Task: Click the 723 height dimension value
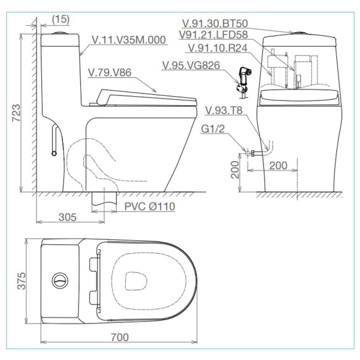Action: [x=16, y=113]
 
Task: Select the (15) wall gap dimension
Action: [x=60, y=19]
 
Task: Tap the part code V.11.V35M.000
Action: [x=129, y=40]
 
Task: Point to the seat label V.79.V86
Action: [x=109, y=72]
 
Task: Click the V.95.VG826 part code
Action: [x=191, y=65]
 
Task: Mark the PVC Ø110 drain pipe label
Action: [x=149, y=207]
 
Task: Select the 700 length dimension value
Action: [x=120, y=337]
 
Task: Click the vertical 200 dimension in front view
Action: [x=236, y=170]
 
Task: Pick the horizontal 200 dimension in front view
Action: [x=278, y=166]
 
